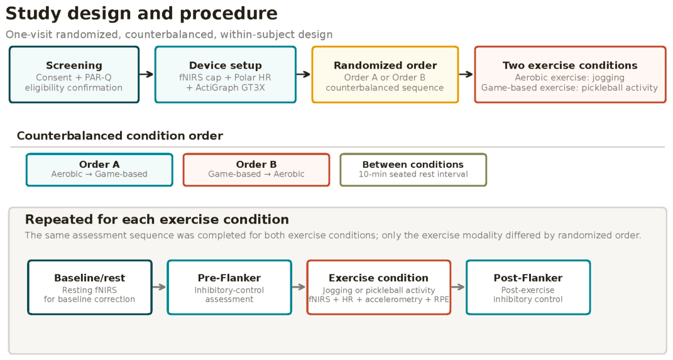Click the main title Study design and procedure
[141, 14]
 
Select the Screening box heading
[74, 65]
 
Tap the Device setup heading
[226, 65]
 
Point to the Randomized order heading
[385, 65]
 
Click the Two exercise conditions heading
[570, 65]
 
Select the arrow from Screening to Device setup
[146, 74]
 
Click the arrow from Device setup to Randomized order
[304, 74]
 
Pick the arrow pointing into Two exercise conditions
[466, 74]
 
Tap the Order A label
[99, 165]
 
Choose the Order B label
[256, 165]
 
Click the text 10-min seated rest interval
[413, 174]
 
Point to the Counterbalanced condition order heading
[120, 136]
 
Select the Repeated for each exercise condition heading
[156, 220]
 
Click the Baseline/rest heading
[90, 278]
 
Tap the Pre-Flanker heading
[229, 278]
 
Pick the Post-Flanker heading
[528, 278]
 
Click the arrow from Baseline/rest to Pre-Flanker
[159, 287]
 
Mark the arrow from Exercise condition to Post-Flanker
[458, 287]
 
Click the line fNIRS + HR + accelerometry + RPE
[378, 300]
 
